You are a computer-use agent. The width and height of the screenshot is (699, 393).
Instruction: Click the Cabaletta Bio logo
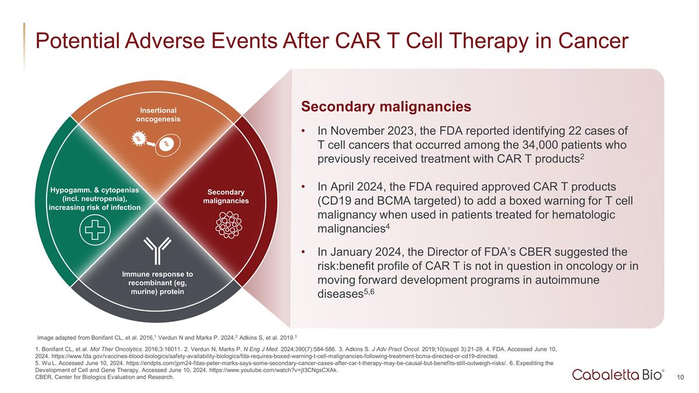tap(616, 374)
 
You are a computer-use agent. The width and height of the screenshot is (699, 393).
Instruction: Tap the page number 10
tap(680, 377)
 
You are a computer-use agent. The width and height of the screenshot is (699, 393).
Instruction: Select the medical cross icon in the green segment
tap(95, 230)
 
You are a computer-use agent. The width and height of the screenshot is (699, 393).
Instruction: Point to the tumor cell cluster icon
tap(229, 225)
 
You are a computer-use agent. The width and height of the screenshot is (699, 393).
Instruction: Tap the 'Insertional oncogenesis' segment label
tap(158, 115)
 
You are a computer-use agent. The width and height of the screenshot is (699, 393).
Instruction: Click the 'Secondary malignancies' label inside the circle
tap(226, 197)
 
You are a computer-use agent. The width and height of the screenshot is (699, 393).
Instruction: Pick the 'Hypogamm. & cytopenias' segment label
tap(94, 199)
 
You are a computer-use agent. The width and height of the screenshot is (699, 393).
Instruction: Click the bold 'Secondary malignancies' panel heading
tap(386, 107)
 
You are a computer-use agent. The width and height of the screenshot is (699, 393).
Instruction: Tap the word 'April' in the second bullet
tap(341, 187)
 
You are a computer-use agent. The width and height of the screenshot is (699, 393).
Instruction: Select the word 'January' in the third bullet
tap(352, 252)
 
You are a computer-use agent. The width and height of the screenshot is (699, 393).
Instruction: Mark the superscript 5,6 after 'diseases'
tap(369, 292)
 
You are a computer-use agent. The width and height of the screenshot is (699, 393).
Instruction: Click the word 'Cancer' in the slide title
tap(593, 41)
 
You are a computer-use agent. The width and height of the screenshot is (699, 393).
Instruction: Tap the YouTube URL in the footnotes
tap(273, 370)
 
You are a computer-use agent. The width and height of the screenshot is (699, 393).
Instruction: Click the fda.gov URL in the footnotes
tap(275, 356)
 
